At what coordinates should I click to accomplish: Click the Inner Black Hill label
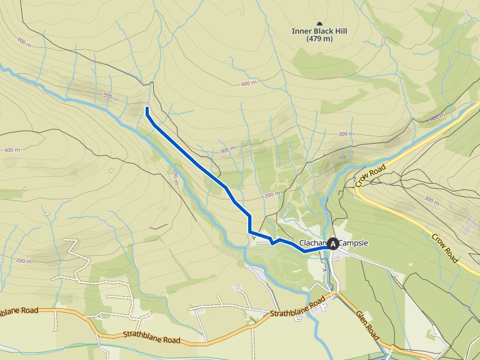point(319,31)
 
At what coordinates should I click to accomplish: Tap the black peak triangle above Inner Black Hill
point(320,22)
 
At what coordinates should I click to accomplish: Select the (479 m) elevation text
point(319,39)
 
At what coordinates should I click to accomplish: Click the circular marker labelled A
point(333,244)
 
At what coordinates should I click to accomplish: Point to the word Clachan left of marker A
point(313,243)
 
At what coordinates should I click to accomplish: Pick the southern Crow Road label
point(445,248)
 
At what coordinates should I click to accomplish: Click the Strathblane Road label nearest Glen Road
point(298,307)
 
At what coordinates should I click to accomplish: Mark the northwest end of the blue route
point(147,109)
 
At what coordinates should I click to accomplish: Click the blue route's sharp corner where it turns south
point(250,216)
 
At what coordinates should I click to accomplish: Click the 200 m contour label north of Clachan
point(271,195)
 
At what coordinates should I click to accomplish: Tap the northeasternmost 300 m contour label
point(437,117)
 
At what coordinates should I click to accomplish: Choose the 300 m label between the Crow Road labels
point(431,199)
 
